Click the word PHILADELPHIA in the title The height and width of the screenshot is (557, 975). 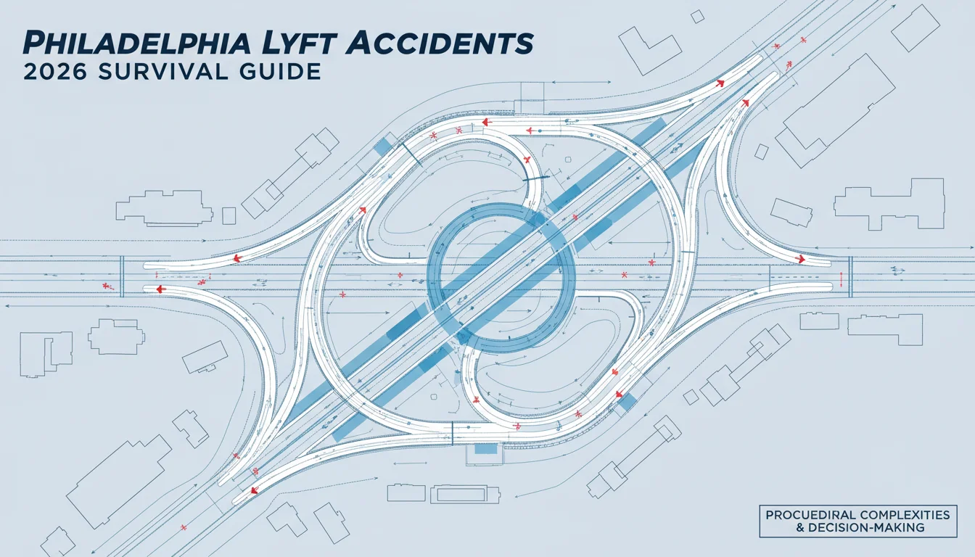136,44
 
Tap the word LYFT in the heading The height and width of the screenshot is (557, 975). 296,44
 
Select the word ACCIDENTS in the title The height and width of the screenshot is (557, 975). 437,44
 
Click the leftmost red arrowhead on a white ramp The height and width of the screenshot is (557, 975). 161,289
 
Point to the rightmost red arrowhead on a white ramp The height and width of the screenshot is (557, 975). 800,260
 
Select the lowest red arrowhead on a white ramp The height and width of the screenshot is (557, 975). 254,490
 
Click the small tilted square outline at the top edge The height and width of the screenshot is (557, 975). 697,17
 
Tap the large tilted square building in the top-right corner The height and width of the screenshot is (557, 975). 916,28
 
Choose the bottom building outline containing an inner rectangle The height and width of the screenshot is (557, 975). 465,495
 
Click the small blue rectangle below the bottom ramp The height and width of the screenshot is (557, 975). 486,449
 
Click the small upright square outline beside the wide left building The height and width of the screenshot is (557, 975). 229,215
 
